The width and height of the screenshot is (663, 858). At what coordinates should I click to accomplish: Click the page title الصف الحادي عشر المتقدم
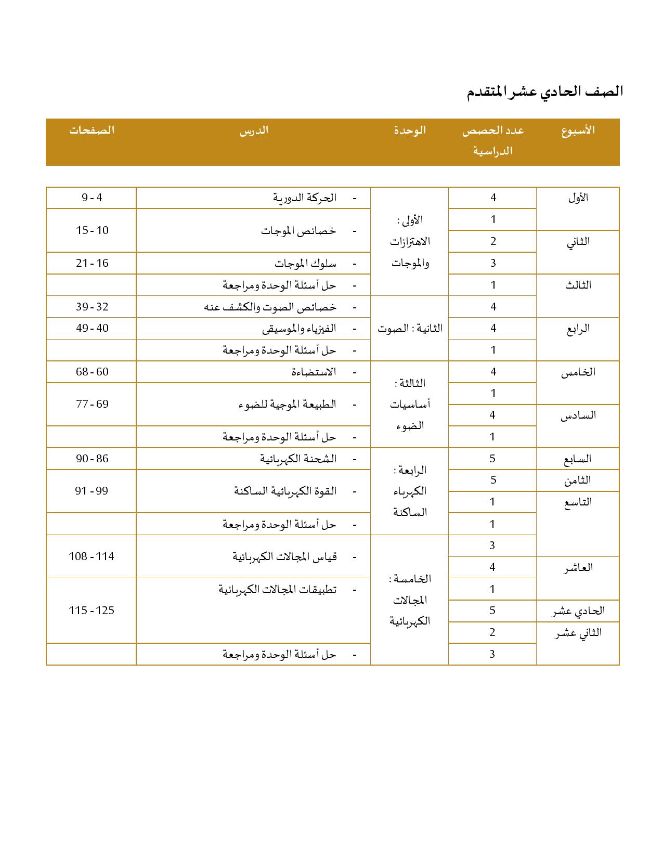(544, 92)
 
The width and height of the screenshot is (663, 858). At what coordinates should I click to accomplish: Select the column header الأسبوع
(578, 130)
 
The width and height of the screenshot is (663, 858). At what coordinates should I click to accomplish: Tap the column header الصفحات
(92, 130)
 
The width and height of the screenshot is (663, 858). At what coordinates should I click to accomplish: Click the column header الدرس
(254, 130)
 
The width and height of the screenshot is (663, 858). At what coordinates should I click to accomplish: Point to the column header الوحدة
(409, 130)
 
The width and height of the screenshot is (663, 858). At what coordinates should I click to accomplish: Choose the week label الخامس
(578, 372)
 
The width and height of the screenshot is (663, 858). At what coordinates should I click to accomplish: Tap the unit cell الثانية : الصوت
(410, 329)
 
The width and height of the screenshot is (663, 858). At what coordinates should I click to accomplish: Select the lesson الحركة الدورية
(305, 198)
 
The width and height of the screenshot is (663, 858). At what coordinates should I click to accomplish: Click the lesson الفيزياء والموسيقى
(299, 329)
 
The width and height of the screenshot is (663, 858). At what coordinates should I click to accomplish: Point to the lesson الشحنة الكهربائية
(298, 459)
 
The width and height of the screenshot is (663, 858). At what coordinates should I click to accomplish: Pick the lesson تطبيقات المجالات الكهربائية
(277, 590)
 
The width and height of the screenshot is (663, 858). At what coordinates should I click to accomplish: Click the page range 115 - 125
(92, 610)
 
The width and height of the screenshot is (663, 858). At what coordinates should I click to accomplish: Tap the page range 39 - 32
(92, 307)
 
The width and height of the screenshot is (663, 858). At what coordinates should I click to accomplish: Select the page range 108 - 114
(92, 556)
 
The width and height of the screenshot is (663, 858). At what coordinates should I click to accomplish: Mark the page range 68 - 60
(92, 372)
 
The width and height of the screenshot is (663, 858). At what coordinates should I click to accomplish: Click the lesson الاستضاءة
(314, 372)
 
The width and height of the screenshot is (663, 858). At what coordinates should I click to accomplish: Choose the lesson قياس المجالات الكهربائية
(284, 557)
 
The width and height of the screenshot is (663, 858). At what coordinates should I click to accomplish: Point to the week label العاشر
(578, 567)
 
